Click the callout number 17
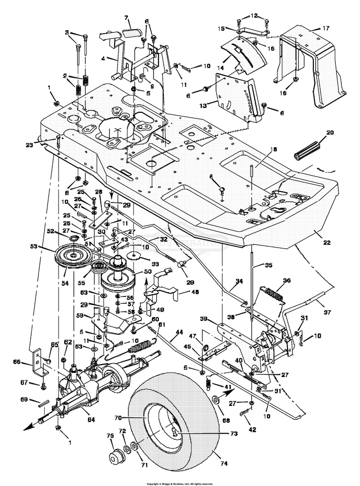pos(325,28)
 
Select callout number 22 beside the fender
pos(327,242)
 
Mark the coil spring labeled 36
pos(274,291)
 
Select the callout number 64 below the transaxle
pos(91,419)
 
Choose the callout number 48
pos(195,291)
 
